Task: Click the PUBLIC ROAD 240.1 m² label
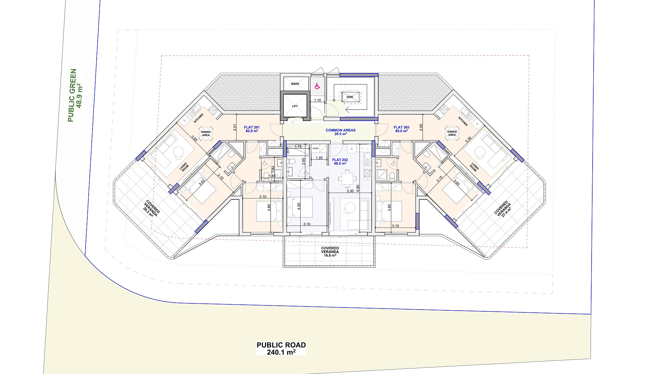coord(281,349)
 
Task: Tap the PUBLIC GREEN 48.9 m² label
coord(75,96)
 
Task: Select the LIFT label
coord(295,106)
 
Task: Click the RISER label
coord(295,84)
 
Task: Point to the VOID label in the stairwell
coord(350,97)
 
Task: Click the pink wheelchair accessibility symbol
coord(317,86)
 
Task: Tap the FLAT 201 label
coord(252,127)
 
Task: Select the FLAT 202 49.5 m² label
coord(340,162)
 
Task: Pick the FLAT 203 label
coord(401,127)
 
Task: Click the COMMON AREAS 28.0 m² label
coord(340,132)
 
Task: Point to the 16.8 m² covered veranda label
coord(330,252)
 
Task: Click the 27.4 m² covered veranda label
coord(503,209)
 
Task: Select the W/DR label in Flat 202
coord(316,149)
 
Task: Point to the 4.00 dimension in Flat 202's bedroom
coord(299,207)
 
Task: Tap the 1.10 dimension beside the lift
coord(318,100)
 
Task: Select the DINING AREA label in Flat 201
coord(206,133)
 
